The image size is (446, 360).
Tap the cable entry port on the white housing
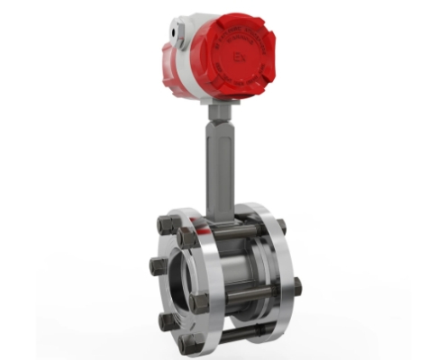[x=180, y=35]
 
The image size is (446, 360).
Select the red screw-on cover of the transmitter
[x=236, y=56]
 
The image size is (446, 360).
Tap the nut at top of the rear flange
[x=280, y=226]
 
